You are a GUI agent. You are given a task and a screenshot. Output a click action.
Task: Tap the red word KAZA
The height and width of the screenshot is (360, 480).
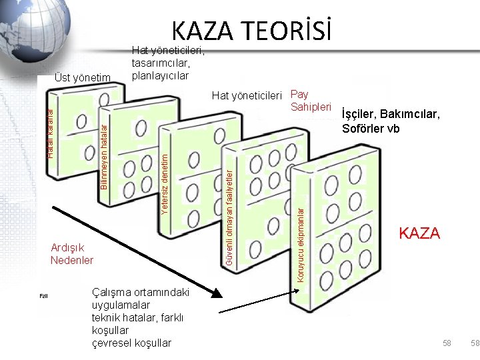(x=419, y=233)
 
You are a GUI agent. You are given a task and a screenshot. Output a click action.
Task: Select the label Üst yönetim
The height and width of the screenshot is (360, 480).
(x=83, y=79)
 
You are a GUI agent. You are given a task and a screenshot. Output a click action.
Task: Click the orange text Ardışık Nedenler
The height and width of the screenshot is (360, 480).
(x=72, y=254)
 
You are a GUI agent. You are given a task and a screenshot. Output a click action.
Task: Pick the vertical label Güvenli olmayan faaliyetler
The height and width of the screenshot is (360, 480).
(x=228, y=220)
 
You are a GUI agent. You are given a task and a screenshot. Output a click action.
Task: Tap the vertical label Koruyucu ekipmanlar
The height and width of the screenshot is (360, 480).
(x=300, y=244)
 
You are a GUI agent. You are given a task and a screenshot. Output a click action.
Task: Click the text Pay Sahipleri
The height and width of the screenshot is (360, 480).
(x=311, y=101)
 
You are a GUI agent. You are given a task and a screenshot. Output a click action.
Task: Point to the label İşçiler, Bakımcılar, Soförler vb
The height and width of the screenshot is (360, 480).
(x=390, y=121)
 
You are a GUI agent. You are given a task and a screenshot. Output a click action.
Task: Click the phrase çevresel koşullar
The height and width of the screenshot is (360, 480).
(x=132, y=343)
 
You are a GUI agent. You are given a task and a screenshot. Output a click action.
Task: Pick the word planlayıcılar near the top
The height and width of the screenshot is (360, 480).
(x=161, y=75)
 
